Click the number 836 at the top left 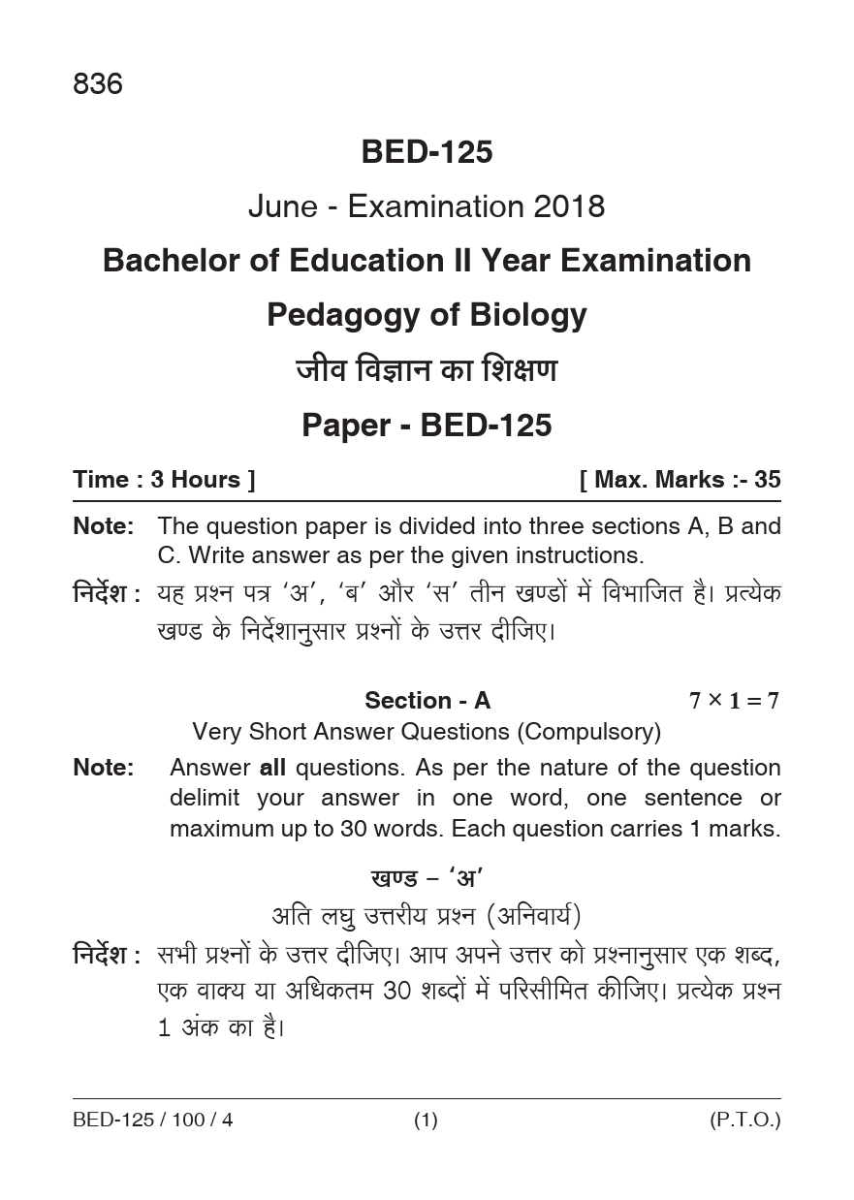[x=98, y=85]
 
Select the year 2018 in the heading [x=567, y=206]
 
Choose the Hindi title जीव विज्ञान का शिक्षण [x=427, y=370]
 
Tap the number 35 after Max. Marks [x=768, y=480]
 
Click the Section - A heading [x=427, y=701]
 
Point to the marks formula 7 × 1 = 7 [x=734, y=701]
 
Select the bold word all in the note [x=272, y=768]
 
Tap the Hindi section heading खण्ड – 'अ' [x=427, y=879]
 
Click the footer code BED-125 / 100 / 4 [x=153, y=1121]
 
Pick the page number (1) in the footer [x=427, y=1121]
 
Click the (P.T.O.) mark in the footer [x=744, y=1121]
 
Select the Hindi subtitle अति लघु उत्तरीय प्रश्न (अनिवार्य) [x=427, y=915]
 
